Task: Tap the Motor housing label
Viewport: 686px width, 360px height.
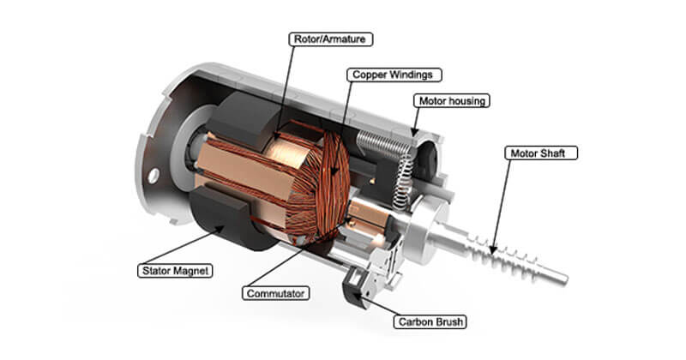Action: point(451,100)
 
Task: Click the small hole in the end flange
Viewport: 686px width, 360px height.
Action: point(153,177)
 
